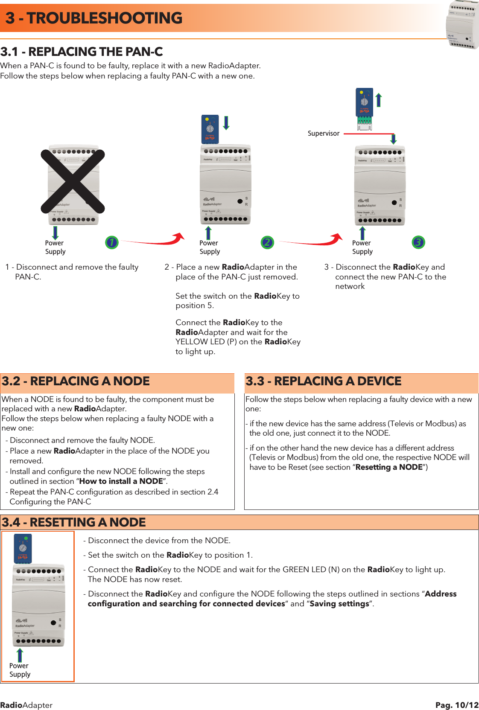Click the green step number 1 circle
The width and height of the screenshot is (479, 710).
(111, 242)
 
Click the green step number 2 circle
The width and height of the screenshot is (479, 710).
(267, 242)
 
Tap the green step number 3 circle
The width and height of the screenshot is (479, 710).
(418, 242)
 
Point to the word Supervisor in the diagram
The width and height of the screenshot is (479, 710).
(324, 134)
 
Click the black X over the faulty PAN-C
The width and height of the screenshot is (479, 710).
(73, 181)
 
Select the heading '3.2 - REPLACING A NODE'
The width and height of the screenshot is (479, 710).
(76, 381)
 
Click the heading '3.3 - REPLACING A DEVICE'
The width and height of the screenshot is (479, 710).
(324, 381)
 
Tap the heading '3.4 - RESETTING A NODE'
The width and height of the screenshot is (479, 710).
(74, 522)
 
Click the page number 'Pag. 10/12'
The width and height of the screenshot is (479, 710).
(457, 705)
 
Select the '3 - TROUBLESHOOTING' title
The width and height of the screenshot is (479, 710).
(94, 18)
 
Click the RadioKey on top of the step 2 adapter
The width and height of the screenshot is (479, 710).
(210, 129)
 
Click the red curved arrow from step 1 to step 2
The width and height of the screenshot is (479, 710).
(154, 241)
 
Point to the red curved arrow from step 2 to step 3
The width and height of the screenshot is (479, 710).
(312, 241)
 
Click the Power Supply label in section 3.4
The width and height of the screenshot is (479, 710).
(20, 670)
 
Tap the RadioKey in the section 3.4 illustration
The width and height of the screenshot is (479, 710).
(23, 549)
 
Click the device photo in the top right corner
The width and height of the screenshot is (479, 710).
(462, 25)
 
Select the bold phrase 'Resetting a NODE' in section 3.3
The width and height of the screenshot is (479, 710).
(389, 467)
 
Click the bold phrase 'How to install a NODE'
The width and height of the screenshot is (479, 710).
(121, 481)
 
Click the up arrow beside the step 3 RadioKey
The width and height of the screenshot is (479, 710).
(378, 100)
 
